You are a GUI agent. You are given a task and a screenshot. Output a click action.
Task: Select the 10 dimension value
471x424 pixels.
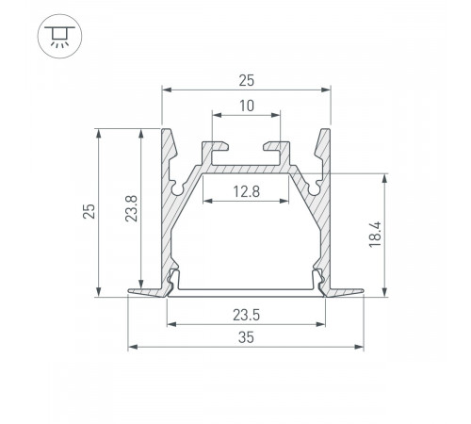[x=246, y=107]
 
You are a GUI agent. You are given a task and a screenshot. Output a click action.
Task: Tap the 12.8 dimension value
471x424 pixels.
[x=246, y=192]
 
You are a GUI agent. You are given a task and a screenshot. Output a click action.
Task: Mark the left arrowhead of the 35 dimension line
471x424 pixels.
[x=131, y=347]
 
